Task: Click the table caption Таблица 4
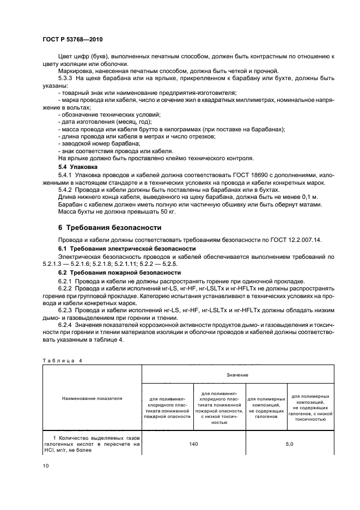pos(57,360)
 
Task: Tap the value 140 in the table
pos(193,444)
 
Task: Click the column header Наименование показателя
pos(91,398)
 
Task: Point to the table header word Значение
pos(237,375)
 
